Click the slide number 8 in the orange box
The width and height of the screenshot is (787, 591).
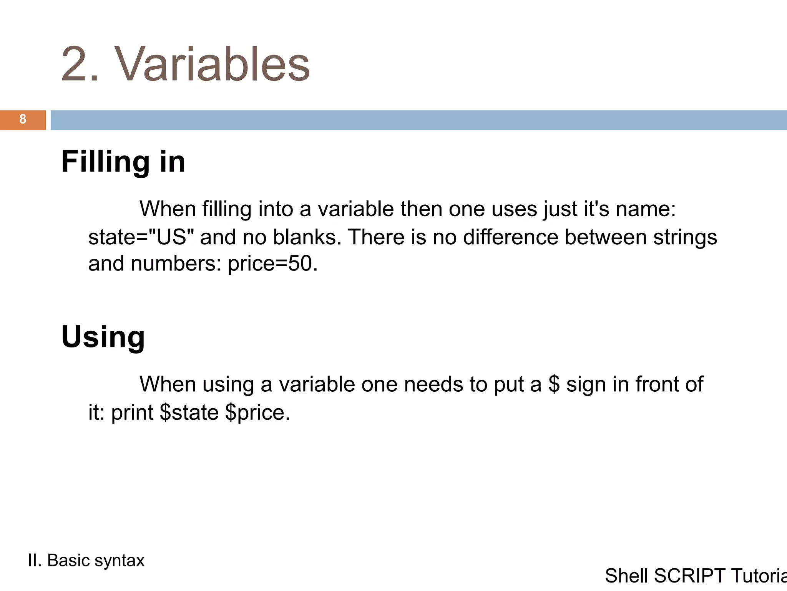click(x=23, y=119)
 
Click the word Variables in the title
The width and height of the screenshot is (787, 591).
click(x=213, y=65)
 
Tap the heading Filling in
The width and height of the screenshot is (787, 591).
click(x=123, y=162)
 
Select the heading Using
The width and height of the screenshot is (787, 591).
click(x=103, y=337)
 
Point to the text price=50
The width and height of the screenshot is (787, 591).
click(x=272, y=264)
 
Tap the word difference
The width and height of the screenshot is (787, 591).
click(x=511, y=237)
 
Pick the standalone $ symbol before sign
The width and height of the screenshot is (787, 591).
click(x=554, y=384)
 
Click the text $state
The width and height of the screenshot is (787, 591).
click(x=189, y=412)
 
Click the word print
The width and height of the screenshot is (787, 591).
click(x=132, y=412)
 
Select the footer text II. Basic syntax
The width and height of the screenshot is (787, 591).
click(x=86, y=561)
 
